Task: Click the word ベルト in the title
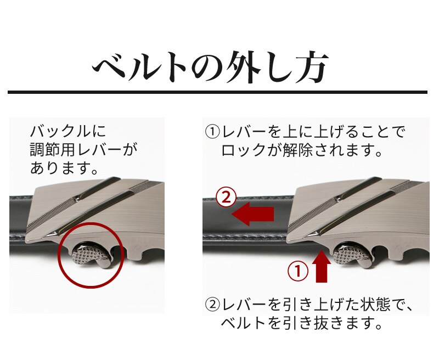[x=139, y=67]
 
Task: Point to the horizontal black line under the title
[x=217, y=92]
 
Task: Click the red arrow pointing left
[x=252, y=214]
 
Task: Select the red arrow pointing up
[x=322, y=267]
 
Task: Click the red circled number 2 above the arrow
[x=226, y=198]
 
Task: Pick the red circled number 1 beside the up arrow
[x=298, y=271]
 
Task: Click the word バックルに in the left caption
[x=68, y=131]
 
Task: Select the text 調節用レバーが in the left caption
[x=84, y=150]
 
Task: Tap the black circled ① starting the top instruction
[x=212, y=132]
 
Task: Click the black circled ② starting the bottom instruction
[x=212, y=304]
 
